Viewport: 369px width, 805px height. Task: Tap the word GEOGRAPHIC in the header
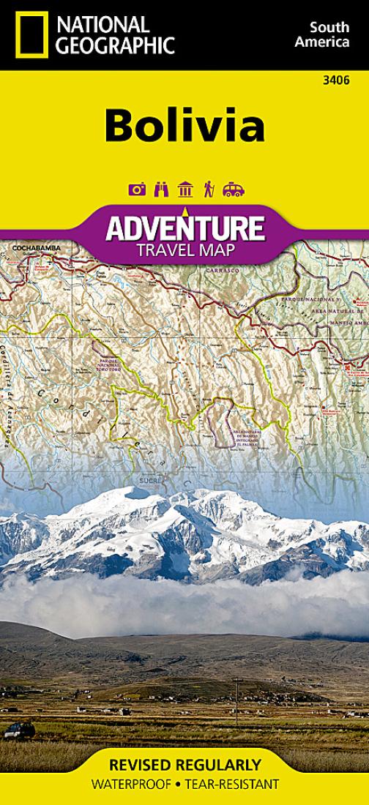116,45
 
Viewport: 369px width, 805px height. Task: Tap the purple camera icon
137,190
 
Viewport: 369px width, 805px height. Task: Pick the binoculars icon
161,190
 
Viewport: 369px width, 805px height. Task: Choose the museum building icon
185,190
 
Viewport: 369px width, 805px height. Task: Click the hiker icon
209,190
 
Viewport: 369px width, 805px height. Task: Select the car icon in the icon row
234,190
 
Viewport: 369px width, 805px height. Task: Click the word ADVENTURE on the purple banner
184,229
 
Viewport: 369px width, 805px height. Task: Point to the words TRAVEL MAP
184,252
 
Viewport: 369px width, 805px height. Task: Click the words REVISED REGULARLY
184,765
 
